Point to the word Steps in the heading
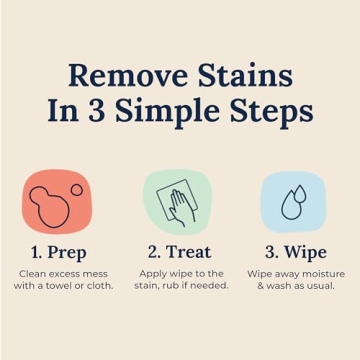(269, 111)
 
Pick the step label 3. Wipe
(295, 251)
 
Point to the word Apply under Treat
(153, 274)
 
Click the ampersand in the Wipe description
(261, 286)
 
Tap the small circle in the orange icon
(76, 189)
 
